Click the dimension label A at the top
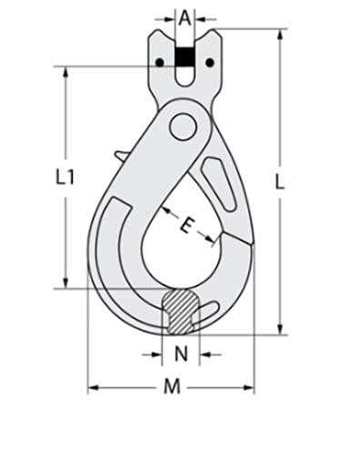[185, 15]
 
